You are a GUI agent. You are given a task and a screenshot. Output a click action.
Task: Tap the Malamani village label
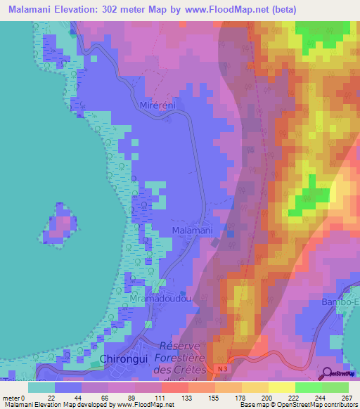192,230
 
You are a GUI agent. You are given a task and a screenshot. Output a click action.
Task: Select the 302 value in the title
113,10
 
